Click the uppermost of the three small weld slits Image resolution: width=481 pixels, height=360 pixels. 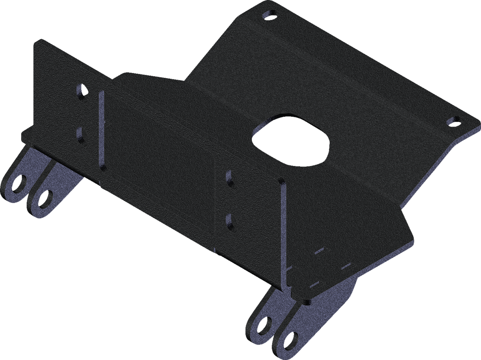319,251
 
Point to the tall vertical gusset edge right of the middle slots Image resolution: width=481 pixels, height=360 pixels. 283,237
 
